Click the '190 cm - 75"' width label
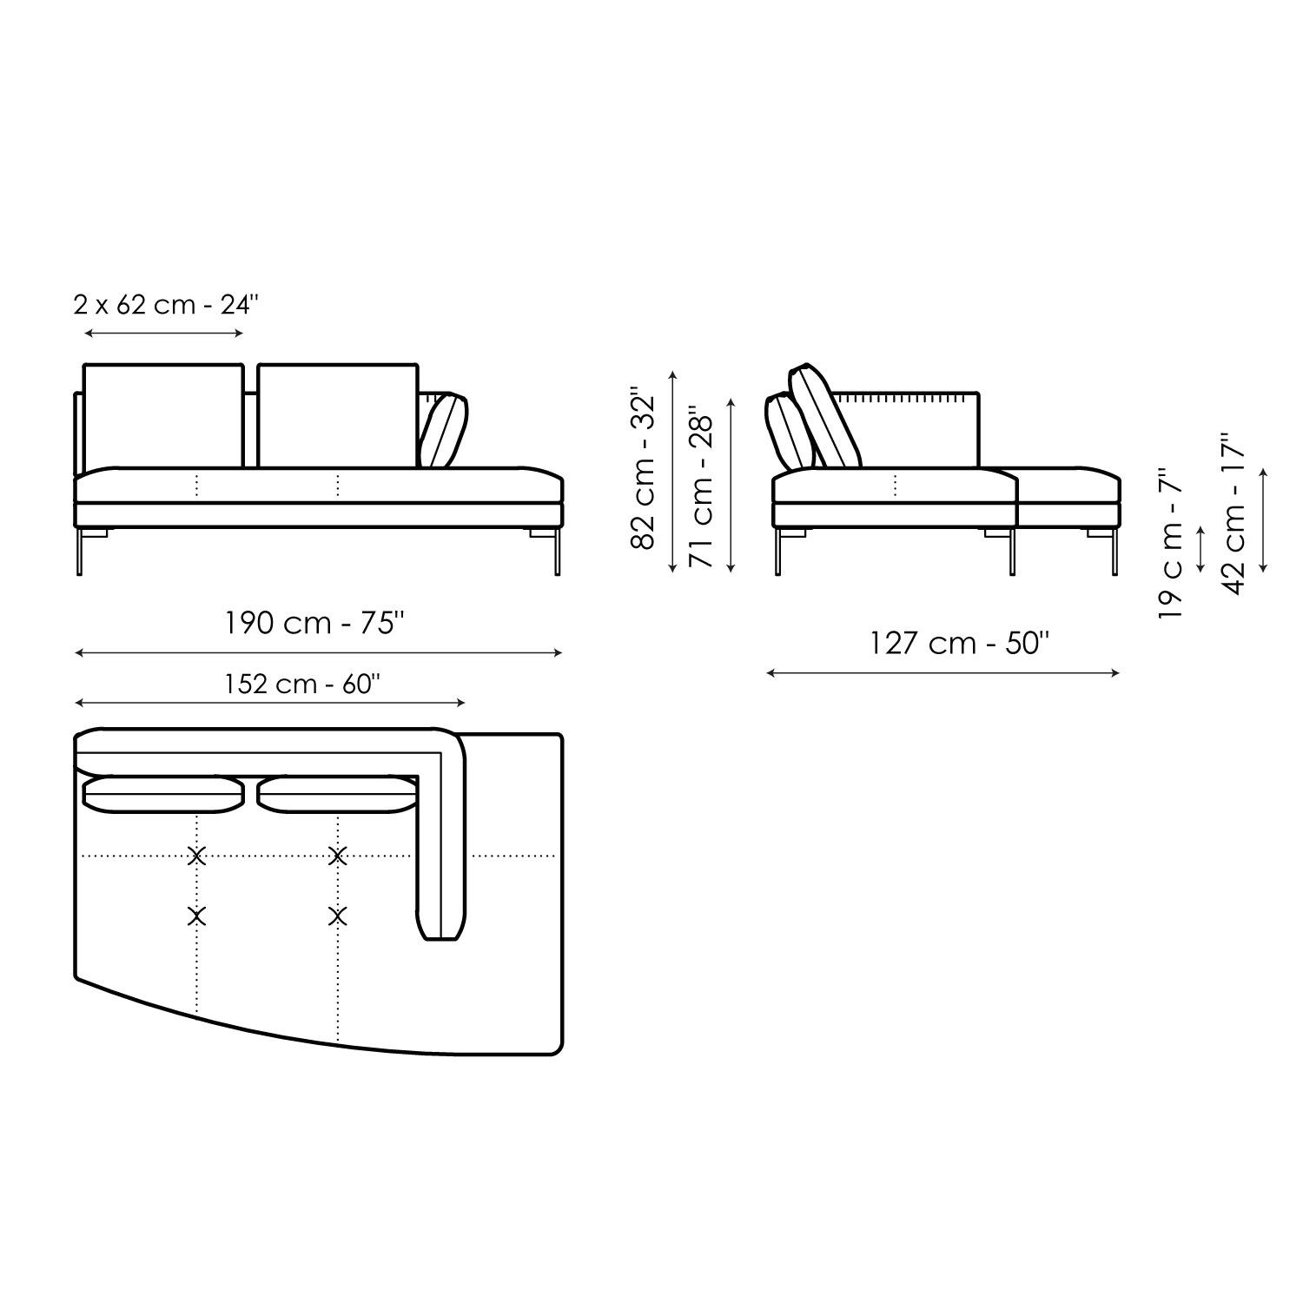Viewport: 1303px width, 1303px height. tap(315, 624)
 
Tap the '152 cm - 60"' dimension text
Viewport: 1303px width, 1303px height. tap(300, 685)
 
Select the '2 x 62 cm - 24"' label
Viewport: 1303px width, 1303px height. tap(167, 305)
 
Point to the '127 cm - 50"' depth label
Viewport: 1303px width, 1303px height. tap(960, 644)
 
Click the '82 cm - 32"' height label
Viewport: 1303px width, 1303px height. tap(647, 468)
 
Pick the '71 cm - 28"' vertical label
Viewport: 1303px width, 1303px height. tap(700, 487)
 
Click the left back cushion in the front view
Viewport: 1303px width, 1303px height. tap(163, 416)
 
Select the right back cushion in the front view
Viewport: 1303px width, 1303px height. tap(338, 416)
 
